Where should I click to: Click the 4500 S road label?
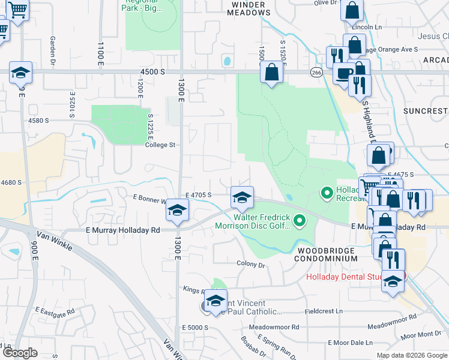pos(149,71)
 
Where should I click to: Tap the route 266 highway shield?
pos(316,72)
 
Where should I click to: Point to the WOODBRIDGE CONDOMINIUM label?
pos(326,254)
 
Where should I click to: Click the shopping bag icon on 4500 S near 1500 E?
pos(272,73)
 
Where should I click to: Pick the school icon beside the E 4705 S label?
pos(242,198)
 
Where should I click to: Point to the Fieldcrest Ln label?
pos(323,311)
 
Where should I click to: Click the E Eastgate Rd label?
pos(55,311)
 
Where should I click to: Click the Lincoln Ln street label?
pos(367,28)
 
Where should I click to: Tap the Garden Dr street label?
pos(53,49)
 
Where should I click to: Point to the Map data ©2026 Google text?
pos(411,355)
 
